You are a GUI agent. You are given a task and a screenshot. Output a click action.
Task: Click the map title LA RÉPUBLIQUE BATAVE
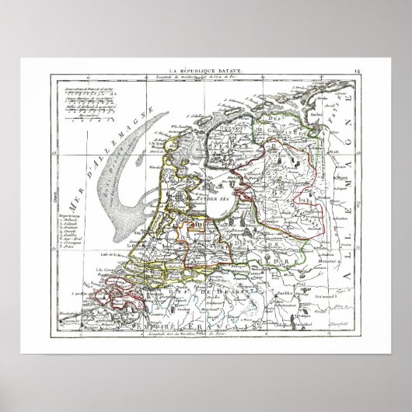click(x=204, y=72)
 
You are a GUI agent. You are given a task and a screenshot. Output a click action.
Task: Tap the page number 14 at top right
click(x=356, y=72)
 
